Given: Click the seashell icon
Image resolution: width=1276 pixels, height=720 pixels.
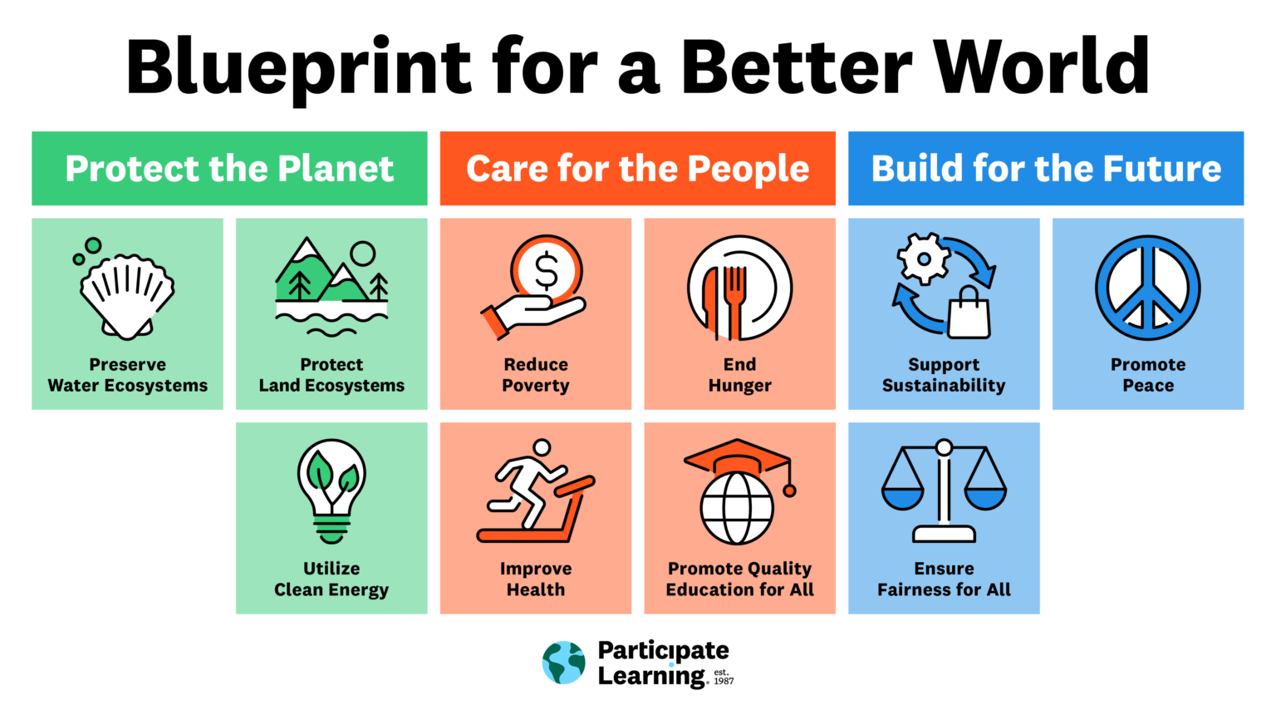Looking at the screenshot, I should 127,295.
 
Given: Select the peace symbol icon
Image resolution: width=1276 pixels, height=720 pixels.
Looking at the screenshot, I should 1147,288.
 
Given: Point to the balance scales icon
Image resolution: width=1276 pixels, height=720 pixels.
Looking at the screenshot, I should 944,491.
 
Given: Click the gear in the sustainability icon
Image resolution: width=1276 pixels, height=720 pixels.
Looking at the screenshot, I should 923,259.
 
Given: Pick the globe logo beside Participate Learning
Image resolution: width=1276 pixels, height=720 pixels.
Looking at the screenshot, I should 564,663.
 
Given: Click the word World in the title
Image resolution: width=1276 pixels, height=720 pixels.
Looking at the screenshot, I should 1041,67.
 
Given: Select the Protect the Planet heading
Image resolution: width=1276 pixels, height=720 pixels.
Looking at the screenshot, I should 229,169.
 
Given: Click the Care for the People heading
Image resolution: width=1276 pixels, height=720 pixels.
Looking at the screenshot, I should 637,169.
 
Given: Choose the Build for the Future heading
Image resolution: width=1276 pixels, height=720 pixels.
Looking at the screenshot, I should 1046,169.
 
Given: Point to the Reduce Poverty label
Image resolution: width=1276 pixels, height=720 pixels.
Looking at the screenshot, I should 536,375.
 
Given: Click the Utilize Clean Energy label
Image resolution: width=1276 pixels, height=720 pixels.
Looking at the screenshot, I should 331,579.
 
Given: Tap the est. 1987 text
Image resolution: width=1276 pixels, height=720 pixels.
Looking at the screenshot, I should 724,677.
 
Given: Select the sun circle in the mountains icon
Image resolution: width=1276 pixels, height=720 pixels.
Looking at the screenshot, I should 362,253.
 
